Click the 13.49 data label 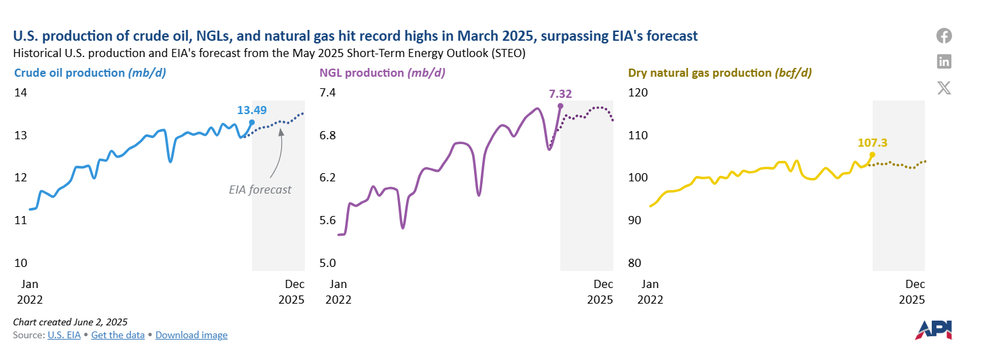251,110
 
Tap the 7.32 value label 560,93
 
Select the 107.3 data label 873,143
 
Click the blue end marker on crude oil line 252,122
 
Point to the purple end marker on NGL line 560,106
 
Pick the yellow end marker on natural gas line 873,155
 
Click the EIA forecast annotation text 260,190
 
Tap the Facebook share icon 944,36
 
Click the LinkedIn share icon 944,62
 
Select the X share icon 944,88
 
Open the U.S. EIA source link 64,335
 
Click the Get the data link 118,335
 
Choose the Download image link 192,335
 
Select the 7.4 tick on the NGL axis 329,93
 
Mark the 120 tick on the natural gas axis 639,93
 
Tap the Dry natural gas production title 720,73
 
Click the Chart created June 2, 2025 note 70,321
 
